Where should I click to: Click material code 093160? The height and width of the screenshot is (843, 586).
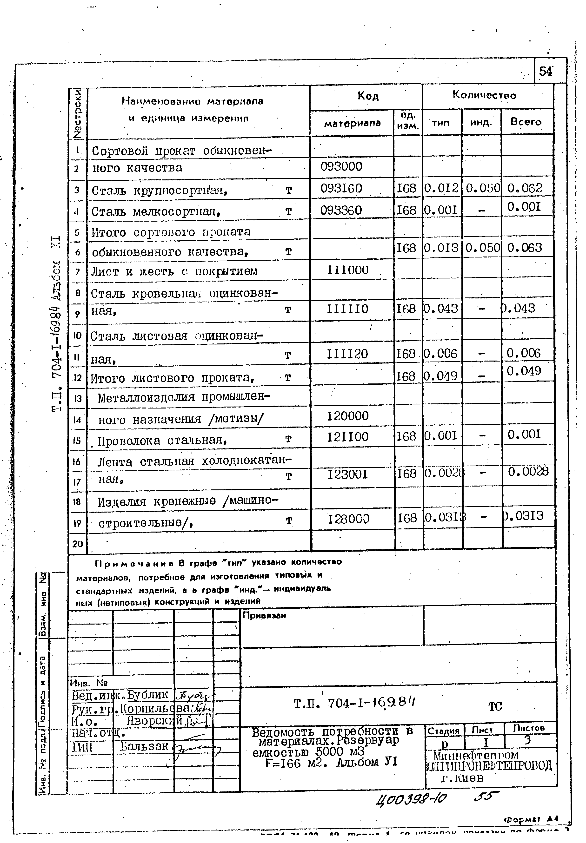coord(341,188)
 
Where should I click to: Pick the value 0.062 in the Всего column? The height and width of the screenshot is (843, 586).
coord(525,188)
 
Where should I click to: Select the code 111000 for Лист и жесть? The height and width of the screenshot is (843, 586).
coord(347,270)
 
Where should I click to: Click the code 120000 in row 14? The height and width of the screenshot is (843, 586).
coord(347,416)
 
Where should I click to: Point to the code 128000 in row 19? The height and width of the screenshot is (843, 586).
coord(348,519)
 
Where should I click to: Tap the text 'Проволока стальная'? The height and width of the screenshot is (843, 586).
coord(161,440)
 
